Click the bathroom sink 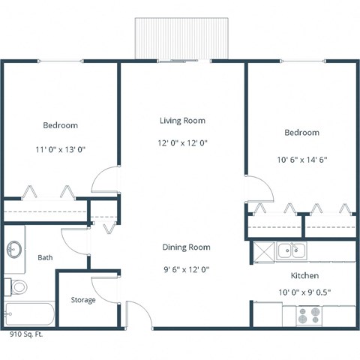click(14, 249)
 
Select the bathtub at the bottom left click(28, 313)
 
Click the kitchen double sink click(288, 250)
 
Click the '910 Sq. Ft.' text click(26, 334)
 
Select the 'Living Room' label click(182, 120)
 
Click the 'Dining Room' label click(186, 247)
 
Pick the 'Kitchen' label click(305, 275)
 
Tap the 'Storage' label click(83, 300)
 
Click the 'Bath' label click(45, 258)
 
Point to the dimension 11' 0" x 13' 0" click(60, 149)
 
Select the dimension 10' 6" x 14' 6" click(301, 159)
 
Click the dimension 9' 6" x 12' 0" click(186, 270)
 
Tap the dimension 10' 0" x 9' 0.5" click(305, 292)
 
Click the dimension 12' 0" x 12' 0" click(182, 142)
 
